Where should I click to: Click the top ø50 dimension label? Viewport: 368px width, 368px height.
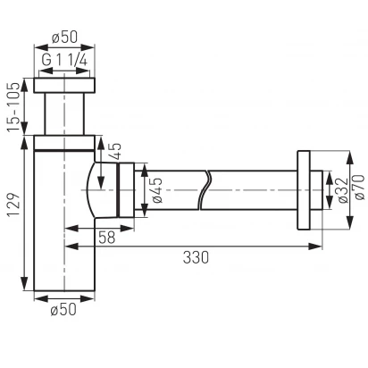coord(64,38)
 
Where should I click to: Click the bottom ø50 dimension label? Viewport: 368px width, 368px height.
coord(63,309)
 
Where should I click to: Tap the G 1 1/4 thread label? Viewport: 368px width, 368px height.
coord(64,60)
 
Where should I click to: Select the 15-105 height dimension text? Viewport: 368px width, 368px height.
coord(13,106)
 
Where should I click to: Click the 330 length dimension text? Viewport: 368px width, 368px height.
coord(196,257)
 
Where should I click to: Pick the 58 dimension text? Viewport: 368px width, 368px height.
coord(106,238)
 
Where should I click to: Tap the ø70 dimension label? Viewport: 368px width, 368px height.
coord(358,188)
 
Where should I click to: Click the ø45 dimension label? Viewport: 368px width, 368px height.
coord(156,190)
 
